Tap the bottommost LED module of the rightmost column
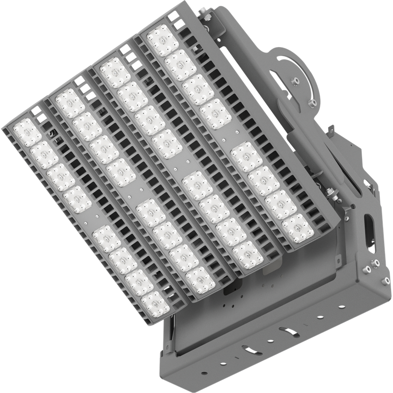[298, 227]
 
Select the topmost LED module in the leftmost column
[27, 132]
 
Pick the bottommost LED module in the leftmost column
[154, 303]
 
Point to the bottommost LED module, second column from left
[200, 279]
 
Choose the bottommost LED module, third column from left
[248, 254]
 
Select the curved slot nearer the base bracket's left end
[250, 350]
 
